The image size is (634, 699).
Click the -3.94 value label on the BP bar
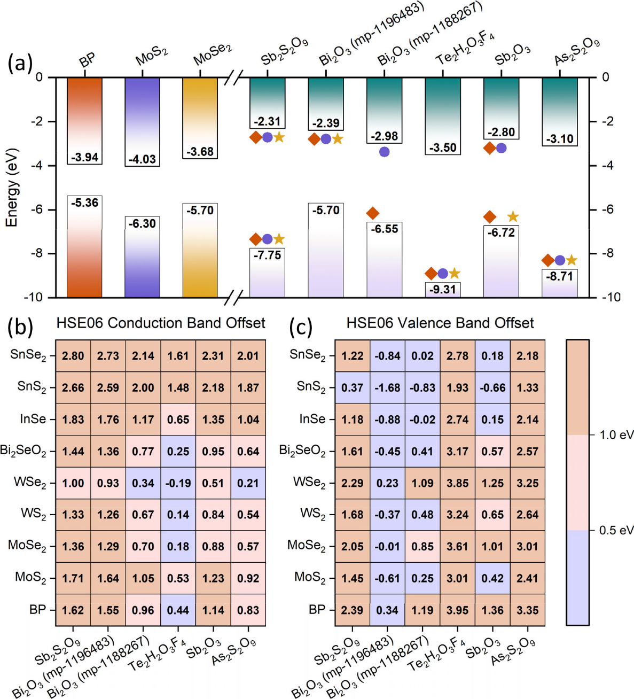85,157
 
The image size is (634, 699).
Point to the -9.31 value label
443,289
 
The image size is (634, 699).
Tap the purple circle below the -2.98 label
384,152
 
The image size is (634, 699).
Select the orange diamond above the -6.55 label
373,213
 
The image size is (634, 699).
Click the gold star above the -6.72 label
513,216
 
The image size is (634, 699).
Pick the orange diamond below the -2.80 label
489,148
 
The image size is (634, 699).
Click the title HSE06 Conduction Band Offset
161,323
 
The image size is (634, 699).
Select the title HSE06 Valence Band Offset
440,323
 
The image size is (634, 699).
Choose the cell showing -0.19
178,483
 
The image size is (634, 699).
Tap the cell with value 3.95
457,610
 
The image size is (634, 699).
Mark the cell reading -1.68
387,388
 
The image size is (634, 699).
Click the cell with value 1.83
73,420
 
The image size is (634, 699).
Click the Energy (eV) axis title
12,188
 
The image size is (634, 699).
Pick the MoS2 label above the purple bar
152,57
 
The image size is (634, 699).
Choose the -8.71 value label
560,276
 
